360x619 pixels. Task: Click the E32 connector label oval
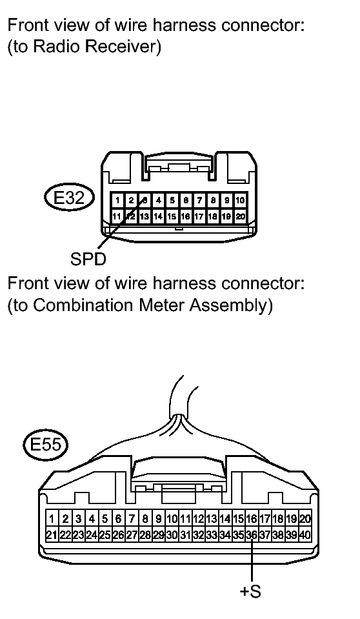pyautogui.click(x=70, y=198)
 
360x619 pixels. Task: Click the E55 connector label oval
pyautogui.click(x=46, y=445)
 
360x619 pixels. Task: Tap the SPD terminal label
pyautogui.click(x=88, y=259)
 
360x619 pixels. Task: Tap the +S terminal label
pyautogui.click(x=250, y=591)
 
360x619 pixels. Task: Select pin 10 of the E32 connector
pyautogui.click(x=240, y=200)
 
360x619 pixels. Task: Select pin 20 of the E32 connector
pyautogui.click(x=240, y=216)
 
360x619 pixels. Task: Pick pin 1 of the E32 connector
pyautogui.click(x=117, y=200)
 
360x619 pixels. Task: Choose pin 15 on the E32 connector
pyautogui.click(x=172, y=216)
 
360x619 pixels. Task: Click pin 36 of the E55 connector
pyautogui.click(x=251, y=535)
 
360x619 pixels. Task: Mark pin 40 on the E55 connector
pyautogui.click(x=305, y=535)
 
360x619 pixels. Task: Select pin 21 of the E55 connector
pyautogui.click(x=52, y=535)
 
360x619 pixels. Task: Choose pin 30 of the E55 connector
pyautogui.click(x=172, y=535)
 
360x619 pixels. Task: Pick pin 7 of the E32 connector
pyautogui.click(x=199, y=200)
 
